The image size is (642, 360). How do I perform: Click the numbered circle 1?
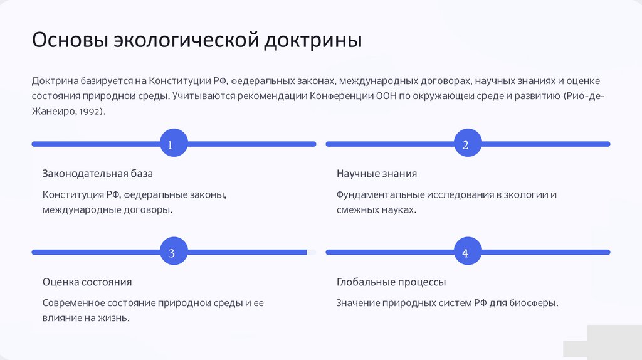tap(169, 145)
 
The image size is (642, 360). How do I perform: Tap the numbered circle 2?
tap(465, 145)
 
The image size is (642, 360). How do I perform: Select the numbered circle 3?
tap(171, 253)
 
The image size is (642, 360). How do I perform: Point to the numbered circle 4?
tap(465, 253)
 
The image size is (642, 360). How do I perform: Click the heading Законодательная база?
tap(97, 174)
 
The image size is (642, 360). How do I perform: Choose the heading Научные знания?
tap(376, 174)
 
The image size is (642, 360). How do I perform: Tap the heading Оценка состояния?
tap(87, 282)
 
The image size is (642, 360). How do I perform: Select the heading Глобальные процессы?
tap(391, 282)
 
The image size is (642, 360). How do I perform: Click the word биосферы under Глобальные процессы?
tap(532, 304)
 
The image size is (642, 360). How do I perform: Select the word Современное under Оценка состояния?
tap(75, 304)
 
